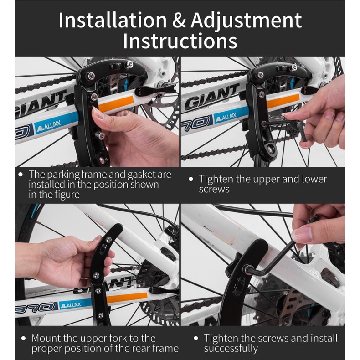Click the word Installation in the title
click(x=113, y=21)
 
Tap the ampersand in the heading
click(x=179, y=20)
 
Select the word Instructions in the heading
click(x=180, y=41)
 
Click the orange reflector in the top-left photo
click(x=116, y=104)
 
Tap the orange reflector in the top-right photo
click(x=283, y=101)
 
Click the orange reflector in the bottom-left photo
click(x=127, y=298)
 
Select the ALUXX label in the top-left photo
click(x=49, y=126)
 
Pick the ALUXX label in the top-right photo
click(x=226, y=117)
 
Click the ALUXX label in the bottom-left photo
click(x=70, y=305)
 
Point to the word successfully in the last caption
click(x=231, y=349)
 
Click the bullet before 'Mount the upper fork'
click(x=23, y=338)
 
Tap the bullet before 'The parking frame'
click(x=21, y=175)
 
